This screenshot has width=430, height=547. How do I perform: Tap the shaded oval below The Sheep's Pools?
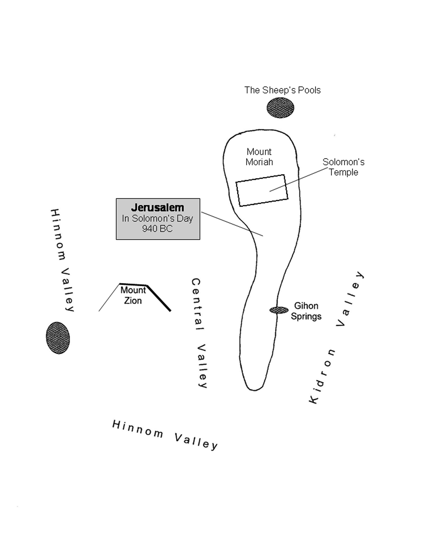(x=280, y=108)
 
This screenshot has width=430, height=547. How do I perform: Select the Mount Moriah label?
(x=259, y=157)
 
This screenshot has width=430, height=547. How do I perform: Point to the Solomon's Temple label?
(x=343, y=167)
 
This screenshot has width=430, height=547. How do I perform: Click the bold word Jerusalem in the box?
(x=158, y=208)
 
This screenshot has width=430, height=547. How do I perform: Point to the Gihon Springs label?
(x=306, y=311)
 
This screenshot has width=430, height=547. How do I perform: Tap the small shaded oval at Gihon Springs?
(x=279, y=310)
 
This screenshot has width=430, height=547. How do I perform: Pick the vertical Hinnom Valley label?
(x=62, y=260)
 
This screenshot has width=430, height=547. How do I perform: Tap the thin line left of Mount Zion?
(x=109, y=298)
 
